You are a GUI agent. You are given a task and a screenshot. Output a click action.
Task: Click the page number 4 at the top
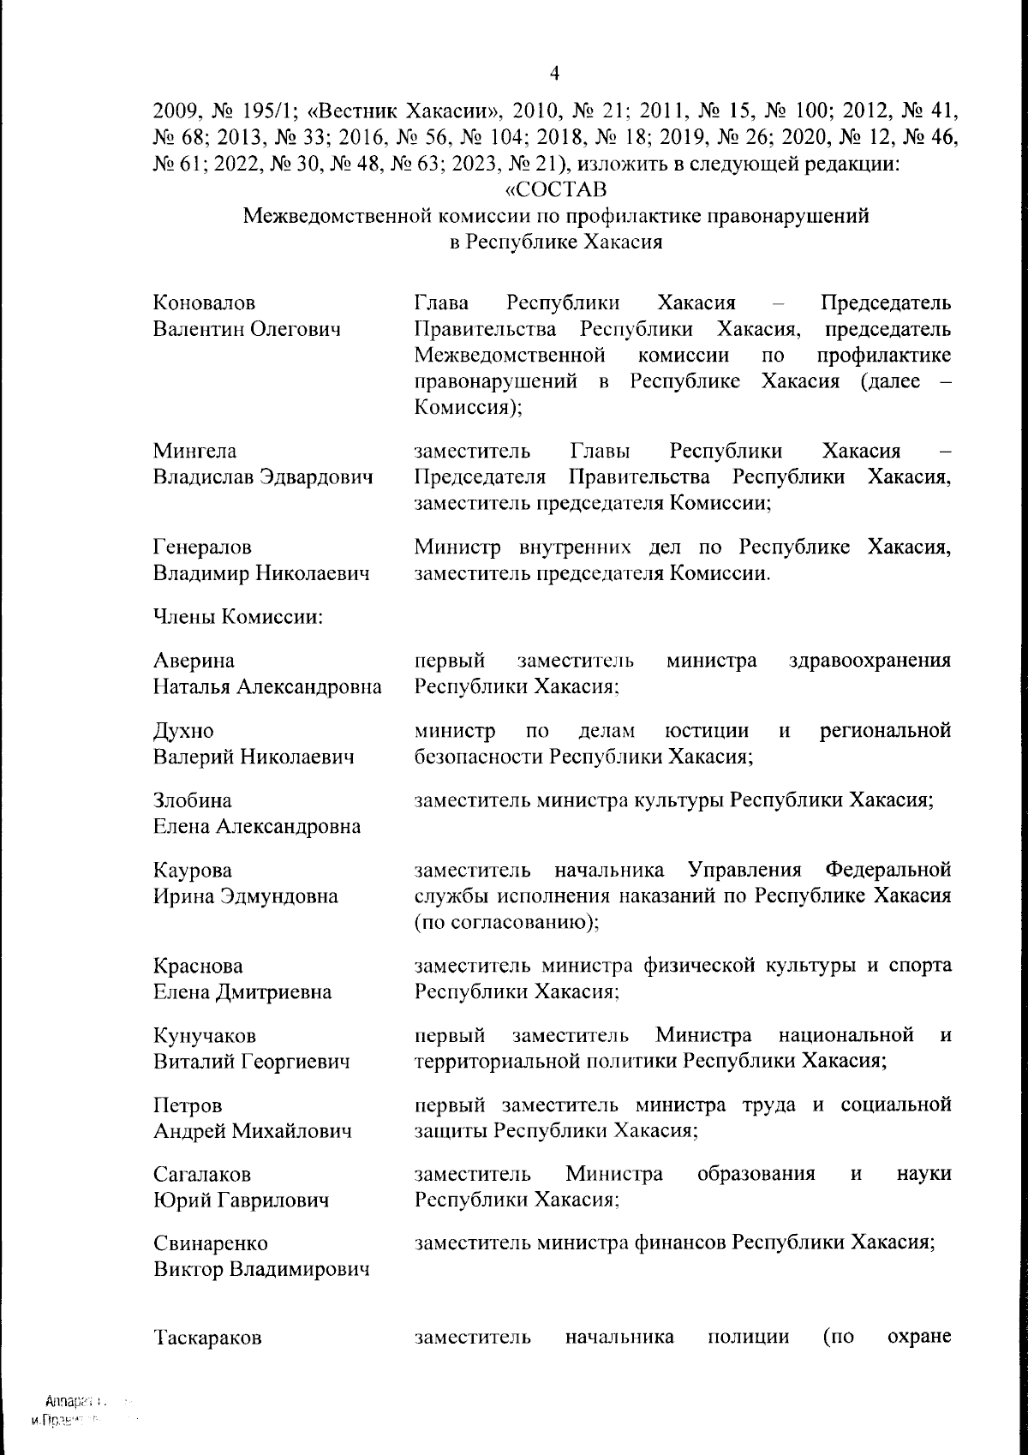(554, 74)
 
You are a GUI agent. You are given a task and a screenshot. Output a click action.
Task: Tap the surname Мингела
(194, 452)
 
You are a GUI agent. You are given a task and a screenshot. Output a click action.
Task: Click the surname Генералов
(202, 548)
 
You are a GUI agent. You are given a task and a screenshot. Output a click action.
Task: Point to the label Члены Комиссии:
(237, 617)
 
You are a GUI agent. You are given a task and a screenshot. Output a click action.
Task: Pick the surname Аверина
(194, 662)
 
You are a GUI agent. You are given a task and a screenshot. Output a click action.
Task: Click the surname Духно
(183, 732)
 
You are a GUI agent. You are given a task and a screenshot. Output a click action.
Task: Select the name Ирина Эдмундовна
(245, 897)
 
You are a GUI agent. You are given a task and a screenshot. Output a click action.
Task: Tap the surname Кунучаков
(204, 1036)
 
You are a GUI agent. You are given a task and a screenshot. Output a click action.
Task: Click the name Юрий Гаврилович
(241, 1201)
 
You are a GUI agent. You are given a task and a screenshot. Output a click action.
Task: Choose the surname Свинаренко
(210, 1244)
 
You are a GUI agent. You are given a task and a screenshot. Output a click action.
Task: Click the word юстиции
(707, 731)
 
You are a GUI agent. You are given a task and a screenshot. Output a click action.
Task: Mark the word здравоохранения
(870, 662)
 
